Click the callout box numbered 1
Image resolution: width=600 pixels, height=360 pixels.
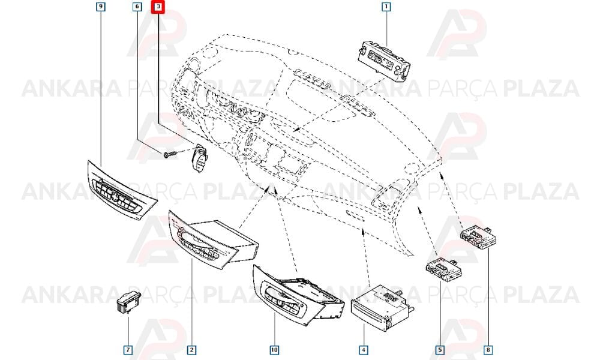[x=386, y=7]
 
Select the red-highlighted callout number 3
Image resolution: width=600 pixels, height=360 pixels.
[x=158, y=7]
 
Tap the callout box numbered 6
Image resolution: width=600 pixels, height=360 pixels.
[x=137, y=7]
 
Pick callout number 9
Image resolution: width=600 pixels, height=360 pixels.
[x=100, y=7]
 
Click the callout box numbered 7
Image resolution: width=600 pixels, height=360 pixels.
[x=128, y=350]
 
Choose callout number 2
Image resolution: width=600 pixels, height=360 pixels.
[x=192, y=350]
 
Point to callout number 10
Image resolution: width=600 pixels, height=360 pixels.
[x=274, y=350]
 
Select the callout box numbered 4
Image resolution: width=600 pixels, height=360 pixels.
[x=364, y=350]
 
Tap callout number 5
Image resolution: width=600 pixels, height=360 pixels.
[x=440, y=350]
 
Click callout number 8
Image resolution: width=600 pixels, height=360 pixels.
[x=488, y=350]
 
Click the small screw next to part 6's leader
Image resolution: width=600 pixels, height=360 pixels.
[x=170, y=155]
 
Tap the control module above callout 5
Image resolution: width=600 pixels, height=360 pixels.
[x=443, y=269]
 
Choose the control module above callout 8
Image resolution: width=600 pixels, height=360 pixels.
[x=478, y=236]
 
